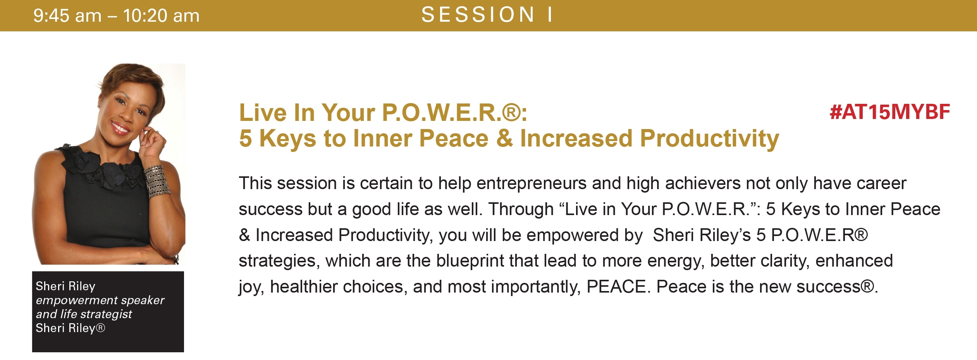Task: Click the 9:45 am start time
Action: [67, 16]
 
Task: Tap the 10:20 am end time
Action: [161, 16]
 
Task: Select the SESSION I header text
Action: [487, 15]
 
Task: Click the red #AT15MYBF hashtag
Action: [890, 112]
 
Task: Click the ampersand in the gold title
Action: [504, 138]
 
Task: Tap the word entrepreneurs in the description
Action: [532, 184]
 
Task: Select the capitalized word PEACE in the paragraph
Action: [617, 287]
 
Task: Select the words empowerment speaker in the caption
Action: [100, 300]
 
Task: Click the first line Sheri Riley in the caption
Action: [65, 286]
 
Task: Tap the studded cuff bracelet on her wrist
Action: [157, 181]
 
